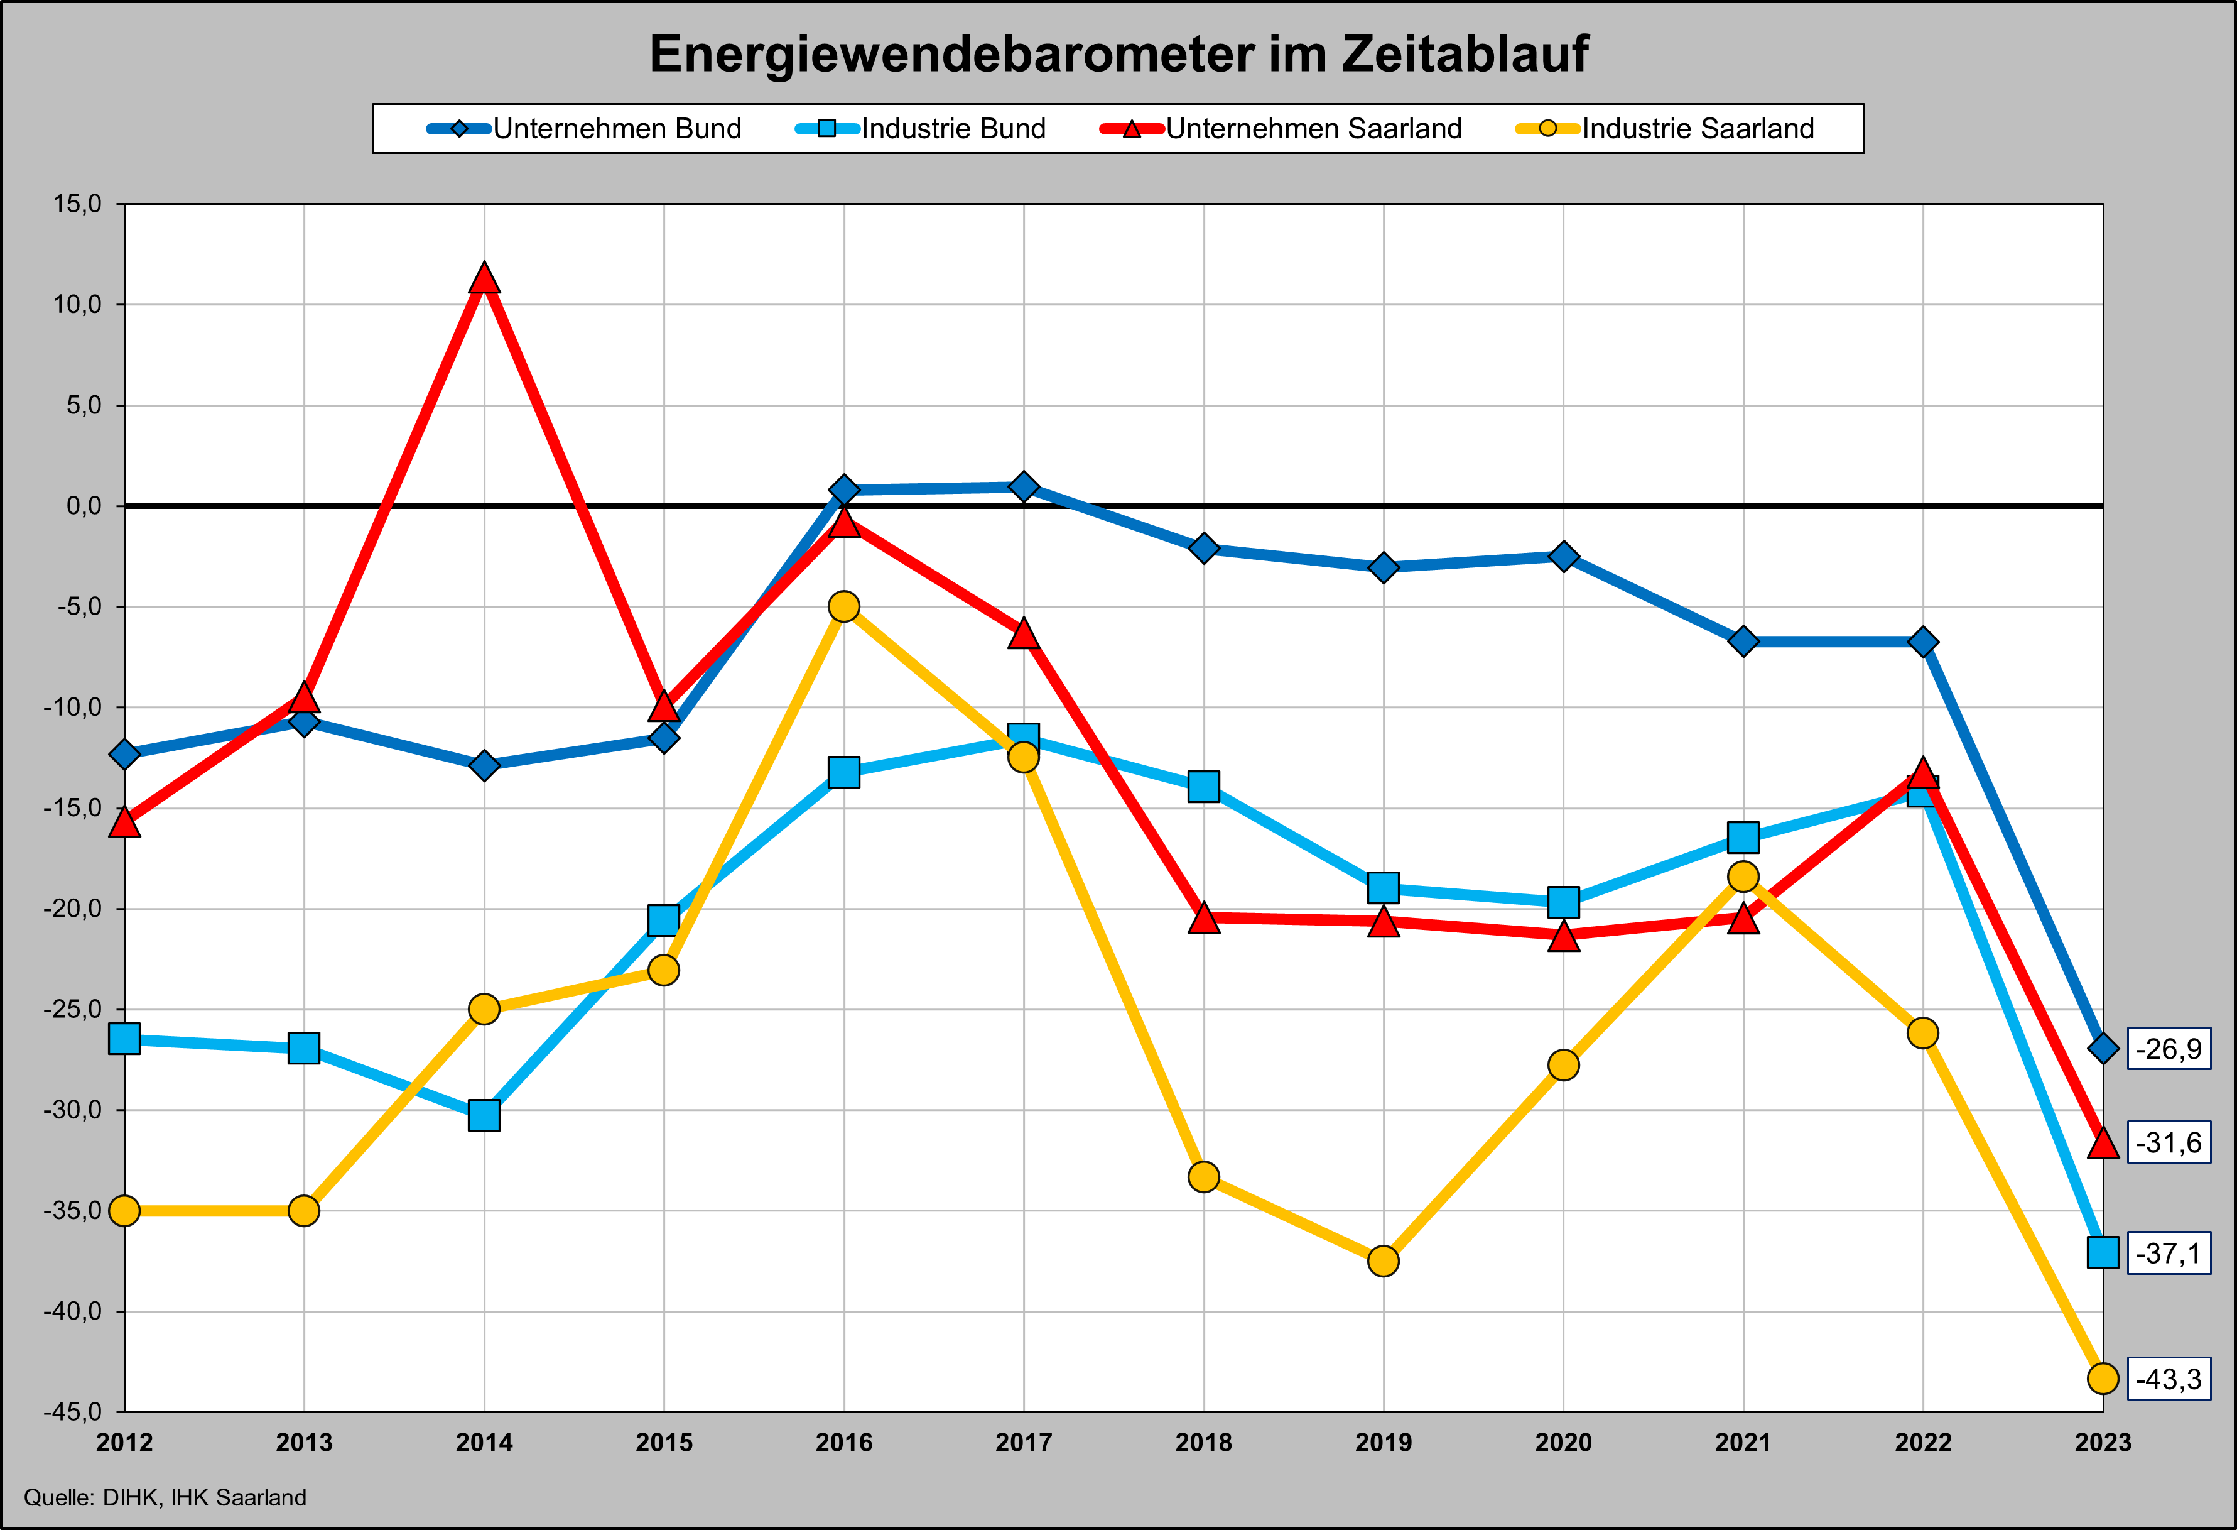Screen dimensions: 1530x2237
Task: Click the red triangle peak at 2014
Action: click(484, 279)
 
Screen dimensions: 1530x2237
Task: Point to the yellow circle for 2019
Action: click(1383, 1260)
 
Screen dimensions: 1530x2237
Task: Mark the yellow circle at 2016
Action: click(844, 606)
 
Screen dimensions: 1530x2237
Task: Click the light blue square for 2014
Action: click(484, 1115)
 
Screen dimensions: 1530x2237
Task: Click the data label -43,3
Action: click(2169, 1379)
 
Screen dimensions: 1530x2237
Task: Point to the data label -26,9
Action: click(2169, 1049)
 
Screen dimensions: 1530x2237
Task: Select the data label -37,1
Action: click(2169, 1253)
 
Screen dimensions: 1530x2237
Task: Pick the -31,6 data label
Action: click(2169, 1143)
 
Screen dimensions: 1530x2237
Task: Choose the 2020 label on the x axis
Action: click(1563, 1443)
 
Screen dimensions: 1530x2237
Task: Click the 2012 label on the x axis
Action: click(125, 1443)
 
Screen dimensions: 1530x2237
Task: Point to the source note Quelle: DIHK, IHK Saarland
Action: click(165, 1498)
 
